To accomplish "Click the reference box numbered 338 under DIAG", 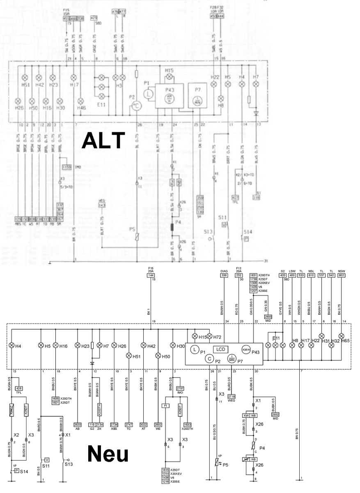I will pyautogui.click(x=224, y=276).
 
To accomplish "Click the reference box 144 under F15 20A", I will pyautogui.click(x=151, y=276).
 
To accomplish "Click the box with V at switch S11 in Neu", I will pyautogui.click(x=47, y=459).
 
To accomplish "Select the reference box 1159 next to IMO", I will pyautogui.click(x=66, y=167).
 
